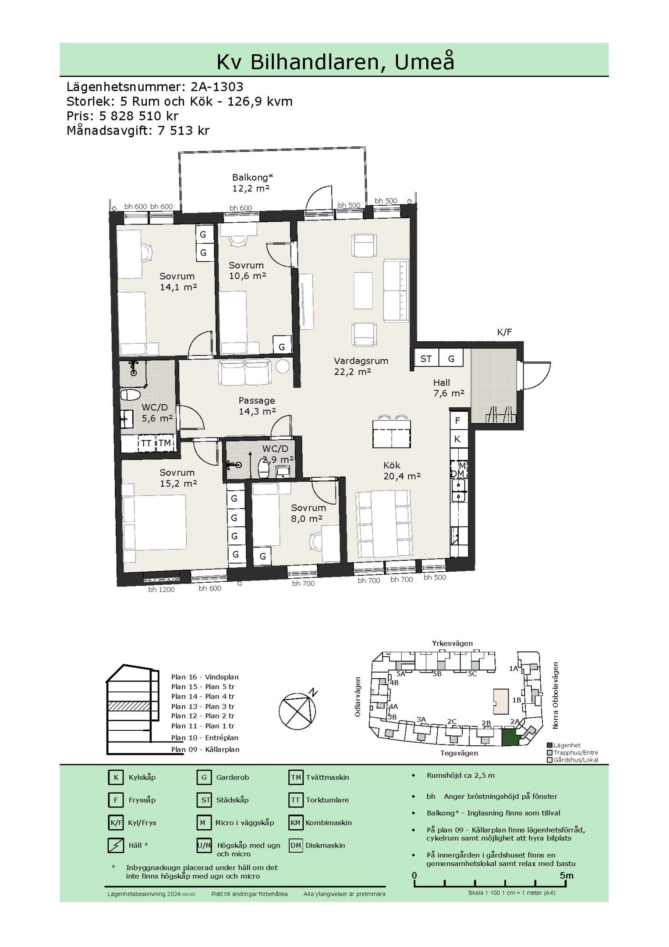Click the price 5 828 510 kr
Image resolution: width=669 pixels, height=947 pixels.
[x=139, y=116]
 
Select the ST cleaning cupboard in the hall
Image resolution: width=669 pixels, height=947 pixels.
[x=426, y=359]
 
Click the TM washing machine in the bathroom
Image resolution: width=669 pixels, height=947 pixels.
[x=164, y=443]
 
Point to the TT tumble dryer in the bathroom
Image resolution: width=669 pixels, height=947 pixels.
[x=146, y=443]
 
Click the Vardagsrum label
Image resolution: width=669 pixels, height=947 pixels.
[x=361, y=361]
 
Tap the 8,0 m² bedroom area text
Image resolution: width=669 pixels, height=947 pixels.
[x=307, y=518]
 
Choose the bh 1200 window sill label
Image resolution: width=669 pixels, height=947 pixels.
[x=161, y=590]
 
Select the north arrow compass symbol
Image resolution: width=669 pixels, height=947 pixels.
[x=297, y=709]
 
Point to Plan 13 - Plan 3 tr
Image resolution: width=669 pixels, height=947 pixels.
[x=203, y=706]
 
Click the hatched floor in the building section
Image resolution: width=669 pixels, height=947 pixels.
[x=130, y=706]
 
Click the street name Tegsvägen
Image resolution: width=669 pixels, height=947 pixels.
[x=459, y=753]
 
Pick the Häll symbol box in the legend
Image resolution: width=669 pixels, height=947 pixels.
[x=116, y=845]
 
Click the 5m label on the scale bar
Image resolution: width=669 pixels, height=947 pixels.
[x=566, y=876]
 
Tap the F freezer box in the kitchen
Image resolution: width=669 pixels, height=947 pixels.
[x=457, y=421]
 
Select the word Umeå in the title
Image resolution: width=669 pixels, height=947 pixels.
[x=424, y=62]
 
